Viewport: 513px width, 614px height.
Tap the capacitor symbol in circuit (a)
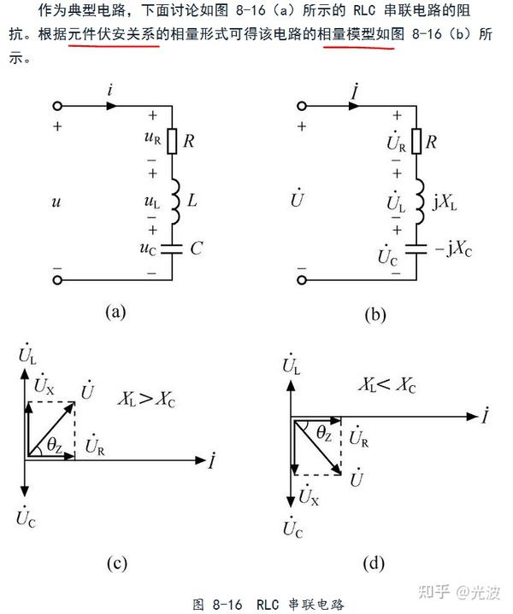pos(172,250)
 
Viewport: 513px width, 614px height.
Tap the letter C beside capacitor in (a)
pos(196,250)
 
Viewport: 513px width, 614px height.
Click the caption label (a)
pos(115,312)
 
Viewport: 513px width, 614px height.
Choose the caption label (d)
pos(373,563)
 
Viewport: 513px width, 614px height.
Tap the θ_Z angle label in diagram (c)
pos(53,443)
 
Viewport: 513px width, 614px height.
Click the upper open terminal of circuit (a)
pos(57,107)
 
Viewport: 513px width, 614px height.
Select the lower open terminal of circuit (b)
pos(301,278)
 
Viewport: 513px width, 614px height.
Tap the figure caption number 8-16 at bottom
pos(227,603)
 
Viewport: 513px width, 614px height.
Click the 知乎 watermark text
pos(431,591)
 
